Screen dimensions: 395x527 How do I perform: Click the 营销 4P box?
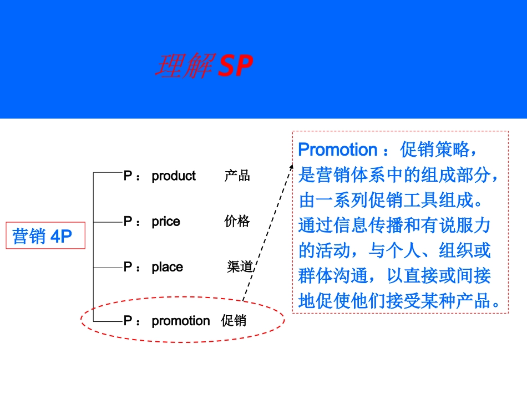(x=45, y=237)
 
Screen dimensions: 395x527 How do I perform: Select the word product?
(x=174, y=176)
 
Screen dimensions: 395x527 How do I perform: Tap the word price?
(x=166, y=222)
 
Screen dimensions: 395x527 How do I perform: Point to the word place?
(x=167, y=267)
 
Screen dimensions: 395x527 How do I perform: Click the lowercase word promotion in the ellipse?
(x=181, y=321)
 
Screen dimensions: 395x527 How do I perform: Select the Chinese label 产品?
(x=237, y=176)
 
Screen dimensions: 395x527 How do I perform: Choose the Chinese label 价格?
(x=237, y=222)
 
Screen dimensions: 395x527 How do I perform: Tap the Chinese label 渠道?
(x=240, y=267)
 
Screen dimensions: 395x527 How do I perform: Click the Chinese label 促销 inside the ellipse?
(x=234, y=321)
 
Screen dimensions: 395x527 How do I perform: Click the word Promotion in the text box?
(x=337, y=150)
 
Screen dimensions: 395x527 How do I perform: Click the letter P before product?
(x=128, y=176)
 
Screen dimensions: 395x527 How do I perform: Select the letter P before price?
(x=128, y=222)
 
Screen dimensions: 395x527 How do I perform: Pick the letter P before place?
(x=128, y=267)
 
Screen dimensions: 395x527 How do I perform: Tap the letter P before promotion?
(x=128, y=321)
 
